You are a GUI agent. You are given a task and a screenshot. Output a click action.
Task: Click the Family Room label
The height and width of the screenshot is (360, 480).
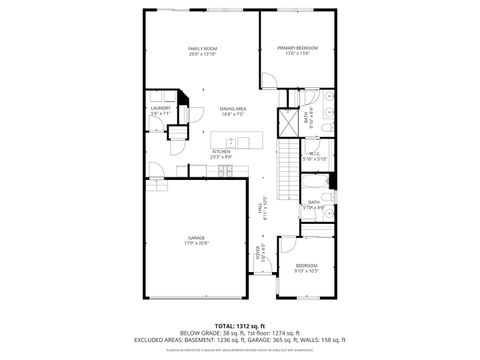pyautogui.click(x=203, y=48)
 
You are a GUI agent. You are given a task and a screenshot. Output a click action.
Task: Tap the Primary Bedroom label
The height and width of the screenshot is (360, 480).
pyautogui.click(x=297, y=48)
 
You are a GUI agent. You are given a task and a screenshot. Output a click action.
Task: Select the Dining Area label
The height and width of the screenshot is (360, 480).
pyautogui.click(x=233, y=109)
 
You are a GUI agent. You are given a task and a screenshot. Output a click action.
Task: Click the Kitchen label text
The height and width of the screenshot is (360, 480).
pyautogui.click(x=221, y=151)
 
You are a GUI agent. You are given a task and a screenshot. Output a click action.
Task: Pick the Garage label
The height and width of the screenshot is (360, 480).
pyautogui.click(x=197, y=238)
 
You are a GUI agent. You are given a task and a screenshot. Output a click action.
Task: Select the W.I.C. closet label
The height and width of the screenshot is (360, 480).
pyautogui.click(x=314, y=153)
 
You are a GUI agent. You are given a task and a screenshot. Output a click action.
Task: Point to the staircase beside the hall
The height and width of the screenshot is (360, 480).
pyautogui.click(x=288, y=165)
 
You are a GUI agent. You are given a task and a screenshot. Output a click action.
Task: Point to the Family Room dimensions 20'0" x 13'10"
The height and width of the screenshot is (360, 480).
pyautogui.click(x=203, y=54)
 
